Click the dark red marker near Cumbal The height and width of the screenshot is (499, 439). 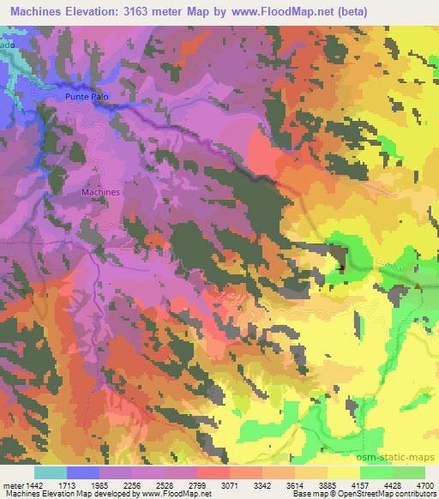(x=343, y=267)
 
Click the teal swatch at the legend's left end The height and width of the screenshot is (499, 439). (x=51, y=472)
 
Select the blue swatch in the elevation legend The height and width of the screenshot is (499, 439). (x=83, y=472)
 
